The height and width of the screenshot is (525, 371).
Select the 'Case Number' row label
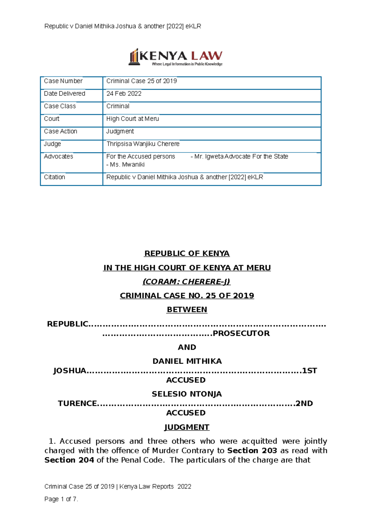pos(63,81)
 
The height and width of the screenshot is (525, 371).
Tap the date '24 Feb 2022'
pos(124,94)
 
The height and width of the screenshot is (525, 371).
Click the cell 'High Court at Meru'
pos(132,119)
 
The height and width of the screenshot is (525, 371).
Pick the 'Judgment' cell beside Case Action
pos(120,131)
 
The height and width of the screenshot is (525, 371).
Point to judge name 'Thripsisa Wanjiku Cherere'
pos(143,144)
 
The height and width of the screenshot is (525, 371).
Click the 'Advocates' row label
pos(58,156)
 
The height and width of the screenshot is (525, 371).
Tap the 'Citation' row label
pos(54,177)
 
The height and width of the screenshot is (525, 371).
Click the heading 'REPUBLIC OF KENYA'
pos(187,254)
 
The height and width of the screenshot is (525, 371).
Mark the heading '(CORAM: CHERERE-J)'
pos(186,282)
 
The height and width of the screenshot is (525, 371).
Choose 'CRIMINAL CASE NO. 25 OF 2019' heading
pos(187,296)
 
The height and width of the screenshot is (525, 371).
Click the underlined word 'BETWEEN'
pos(187,309)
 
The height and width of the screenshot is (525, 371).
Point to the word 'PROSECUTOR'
pos(241,333)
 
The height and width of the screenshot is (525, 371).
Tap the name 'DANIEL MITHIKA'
pos(187,361)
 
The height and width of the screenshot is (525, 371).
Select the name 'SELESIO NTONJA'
pos(187,394)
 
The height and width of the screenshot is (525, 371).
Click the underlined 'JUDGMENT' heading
pos(187,427)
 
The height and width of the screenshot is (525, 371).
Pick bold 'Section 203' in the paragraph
pos(252,450)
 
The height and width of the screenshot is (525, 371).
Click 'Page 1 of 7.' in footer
pos(61,499)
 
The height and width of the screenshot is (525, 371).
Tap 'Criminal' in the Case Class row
pos(118,106)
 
